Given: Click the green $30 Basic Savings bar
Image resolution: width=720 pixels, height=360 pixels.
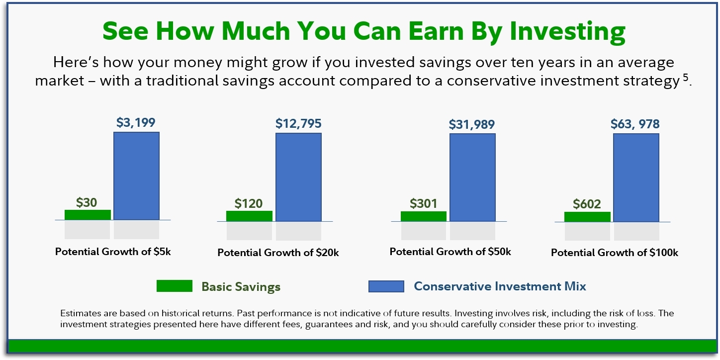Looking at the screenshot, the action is pos(88,215).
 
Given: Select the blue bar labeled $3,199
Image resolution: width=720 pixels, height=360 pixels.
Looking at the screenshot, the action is pos(137,176).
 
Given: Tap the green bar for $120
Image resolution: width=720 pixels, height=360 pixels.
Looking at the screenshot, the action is pos(250,216).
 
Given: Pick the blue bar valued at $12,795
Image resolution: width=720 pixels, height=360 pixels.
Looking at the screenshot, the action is pos(299,177).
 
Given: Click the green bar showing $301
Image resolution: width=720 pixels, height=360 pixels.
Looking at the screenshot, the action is pos(424,216).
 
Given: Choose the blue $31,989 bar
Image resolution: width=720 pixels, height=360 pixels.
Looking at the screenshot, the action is pos(472,178).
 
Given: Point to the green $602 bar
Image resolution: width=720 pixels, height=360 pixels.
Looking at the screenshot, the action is pos(587,217).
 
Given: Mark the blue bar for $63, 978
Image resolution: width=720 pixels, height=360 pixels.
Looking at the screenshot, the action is pos(636,178).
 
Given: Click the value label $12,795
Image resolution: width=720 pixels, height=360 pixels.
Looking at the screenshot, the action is pos(298,123).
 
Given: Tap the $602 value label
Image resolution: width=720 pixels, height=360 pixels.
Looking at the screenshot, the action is pos(587,204).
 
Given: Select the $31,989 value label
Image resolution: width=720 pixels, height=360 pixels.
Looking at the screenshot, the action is pos(472,124).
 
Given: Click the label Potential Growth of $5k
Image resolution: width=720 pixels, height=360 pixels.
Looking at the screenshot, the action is pos(113,252).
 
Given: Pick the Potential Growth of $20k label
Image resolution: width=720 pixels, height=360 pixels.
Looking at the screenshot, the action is pos(278,253).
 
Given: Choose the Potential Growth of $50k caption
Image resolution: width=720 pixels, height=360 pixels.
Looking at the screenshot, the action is pos(450,252).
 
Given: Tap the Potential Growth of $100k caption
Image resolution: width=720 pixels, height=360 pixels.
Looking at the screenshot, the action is pos(615,253).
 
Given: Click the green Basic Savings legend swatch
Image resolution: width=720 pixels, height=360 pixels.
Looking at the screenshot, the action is pos(175,286).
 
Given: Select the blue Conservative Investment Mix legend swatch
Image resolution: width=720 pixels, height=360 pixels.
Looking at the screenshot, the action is pos(386,286).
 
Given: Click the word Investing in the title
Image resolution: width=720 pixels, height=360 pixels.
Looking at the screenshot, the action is pos(568,31).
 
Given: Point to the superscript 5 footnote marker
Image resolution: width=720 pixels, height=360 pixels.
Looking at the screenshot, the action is pos(686,78).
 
